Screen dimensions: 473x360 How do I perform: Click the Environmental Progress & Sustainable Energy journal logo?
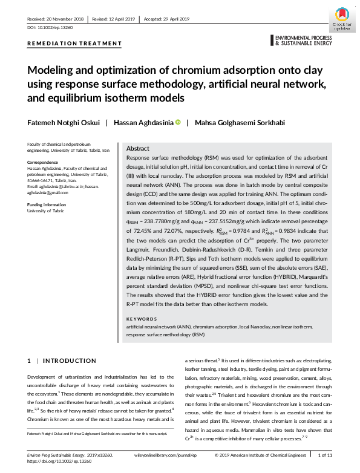[x=303, y=41]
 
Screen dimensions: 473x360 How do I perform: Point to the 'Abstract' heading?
[x=137, y=148]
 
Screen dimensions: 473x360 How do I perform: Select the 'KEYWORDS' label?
[x=141, y=318]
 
